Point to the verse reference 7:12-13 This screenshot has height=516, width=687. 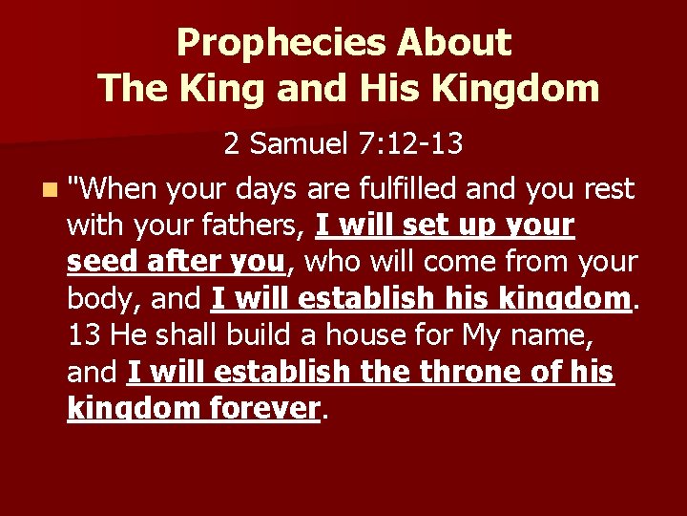(409, 143)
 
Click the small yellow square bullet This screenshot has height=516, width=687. (48, 190)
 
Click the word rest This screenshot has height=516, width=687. (608, 189)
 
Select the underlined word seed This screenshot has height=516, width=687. (98, 262)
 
